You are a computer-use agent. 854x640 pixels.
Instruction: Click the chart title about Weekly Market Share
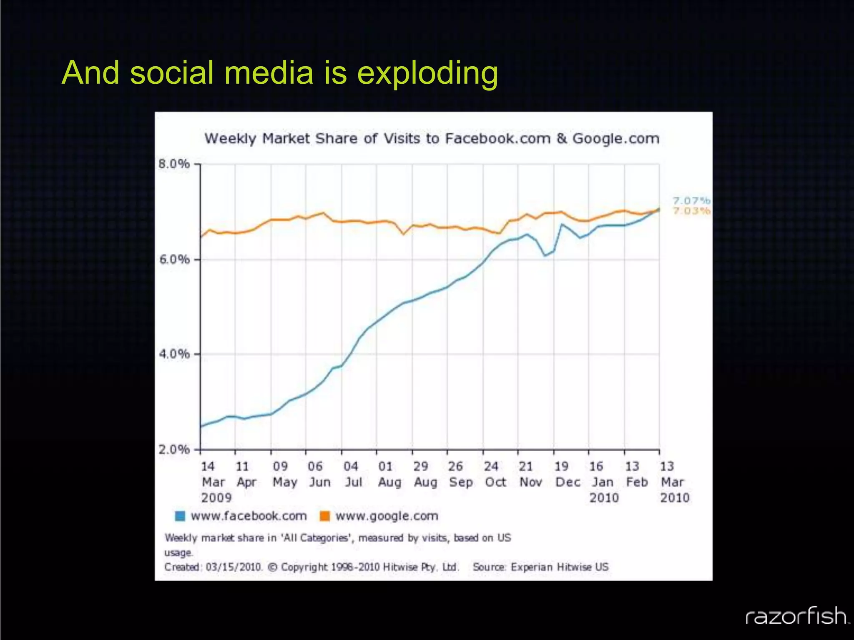[x=432, y=138]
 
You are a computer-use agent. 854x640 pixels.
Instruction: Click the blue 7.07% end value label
[x=691, y=201]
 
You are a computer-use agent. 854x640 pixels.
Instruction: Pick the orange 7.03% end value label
[x=691, y=211]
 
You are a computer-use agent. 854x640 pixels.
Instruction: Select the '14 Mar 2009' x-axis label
[x=214, y=482]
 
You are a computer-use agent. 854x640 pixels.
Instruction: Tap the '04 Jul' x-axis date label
[x=352, y=474]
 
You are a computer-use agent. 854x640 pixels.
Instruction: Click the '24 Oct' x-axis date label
[x=494, y=474]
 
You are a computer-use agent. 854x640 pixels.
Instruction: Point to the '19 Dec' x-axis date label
[x=567, y=474]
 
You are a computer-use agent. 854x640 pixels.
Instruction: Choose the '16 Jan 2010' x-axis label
[x=602, y=482]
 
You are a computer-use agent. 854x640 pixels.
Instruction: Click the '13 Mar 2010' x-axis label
[x=673, y=482]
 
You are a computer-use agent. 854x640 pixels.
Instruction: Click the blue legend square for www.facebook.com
[x=180, y=516]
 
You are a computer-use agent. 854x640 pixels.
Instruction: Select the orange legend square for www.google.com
[x=324, y=516]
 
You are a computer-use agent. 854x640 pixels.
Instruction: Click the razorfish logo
[x=796, y=616]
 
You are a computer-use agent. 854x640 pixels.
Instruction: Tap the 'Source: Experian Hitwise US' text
[x=540, y=567]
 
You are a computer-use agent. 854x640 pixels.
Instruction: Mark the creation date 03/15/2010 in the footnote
[x=234, y=567]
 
